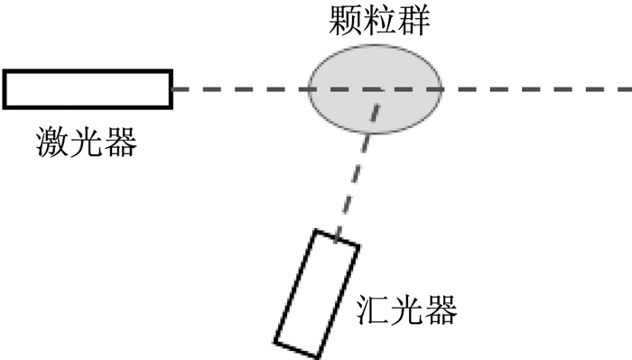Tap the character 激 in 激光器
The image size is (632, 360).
tap(52, 142)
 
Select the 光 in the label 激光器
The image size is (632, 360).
tap(87, 142)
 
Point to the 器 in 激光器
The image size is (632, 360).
tap(120, 142)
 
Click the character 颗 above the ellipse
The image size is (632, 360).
tap(346, 20)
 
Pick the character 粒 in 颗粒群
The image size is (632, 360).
tap(380, 20)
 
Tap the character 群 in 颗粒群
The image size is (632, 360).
tap(414, 20)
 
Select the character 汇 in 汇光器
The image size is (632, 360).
tap(373, 309)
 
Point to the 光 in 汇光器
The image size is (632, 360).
tap(406, 309)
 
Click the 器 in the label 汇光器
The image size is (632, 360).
tap(441, 309)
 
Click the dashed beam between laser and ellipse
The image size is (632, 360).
tap(241, 89)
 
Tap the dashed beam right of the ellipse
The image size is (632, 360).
tap(537, 89)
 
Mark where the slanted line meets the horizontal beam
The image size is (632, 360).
tap(380, 90)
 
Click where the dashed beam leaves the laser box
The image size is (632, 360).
tap(173, 89)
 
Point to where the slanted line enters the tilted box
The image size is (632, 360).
tap(337, 237)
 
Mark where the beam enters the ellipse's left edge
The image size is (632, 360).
tap(309, 89)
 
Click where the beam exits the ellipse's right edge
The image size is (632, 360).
tap(443, 89)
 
